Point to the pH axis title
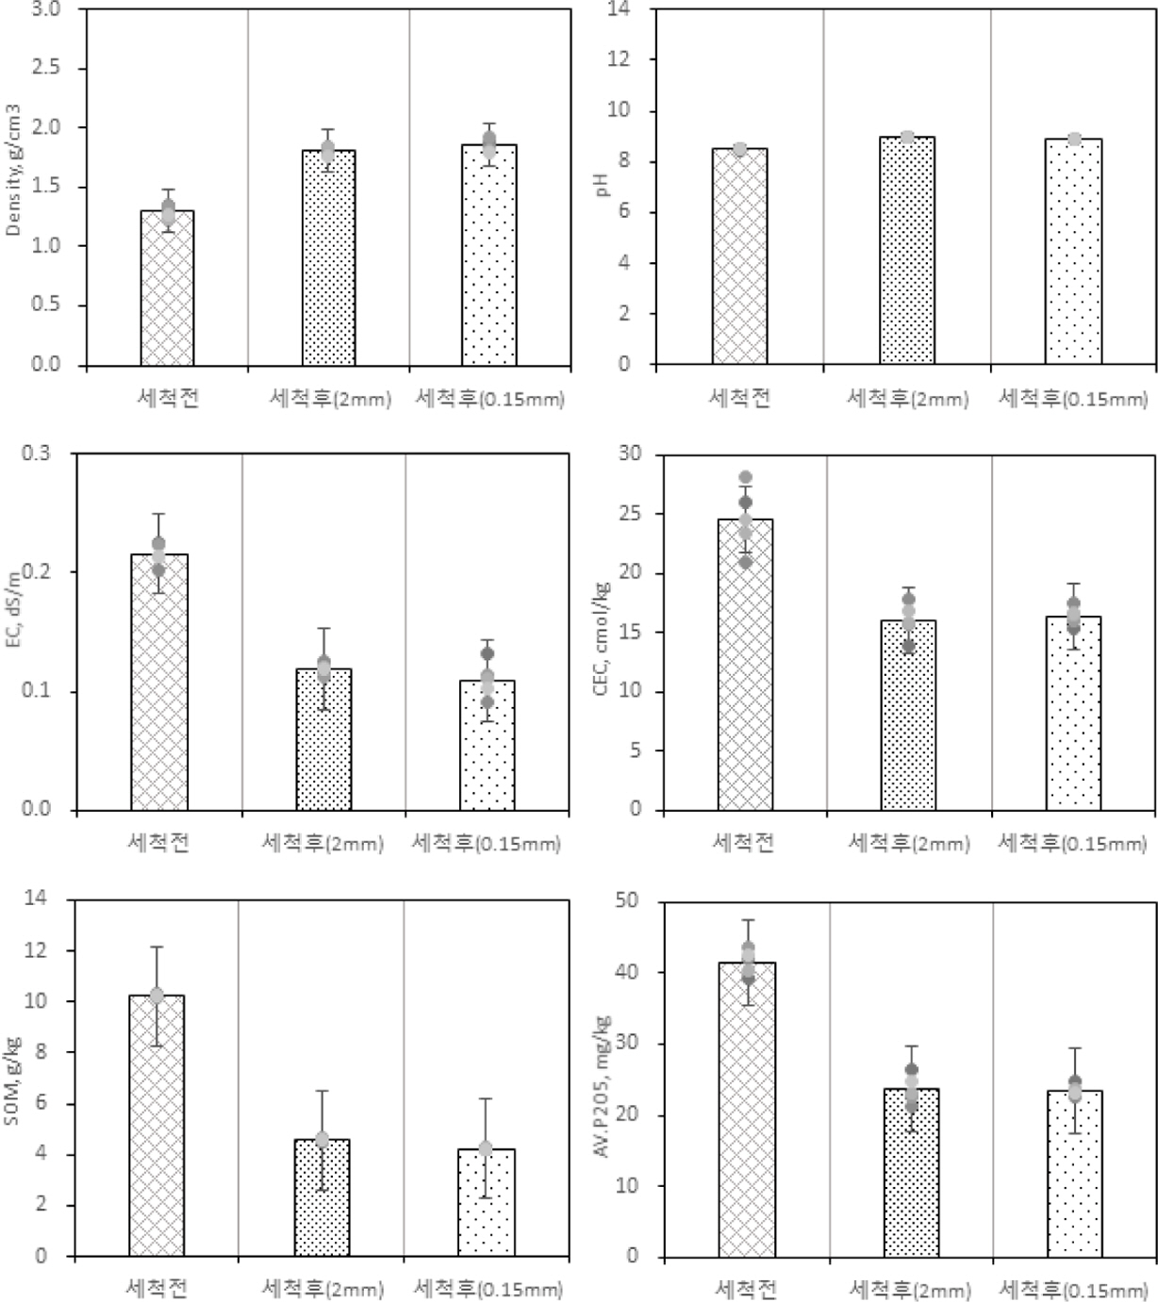(x=604, y=181)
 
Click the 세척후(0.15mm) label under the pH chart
(x=1073, y=399)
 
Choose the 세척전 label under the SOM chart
(x=157, y=1287)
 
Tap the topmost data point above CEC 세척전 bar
(x=745, y=478)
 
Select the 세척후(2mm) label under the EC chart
(x=323, y=842)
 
